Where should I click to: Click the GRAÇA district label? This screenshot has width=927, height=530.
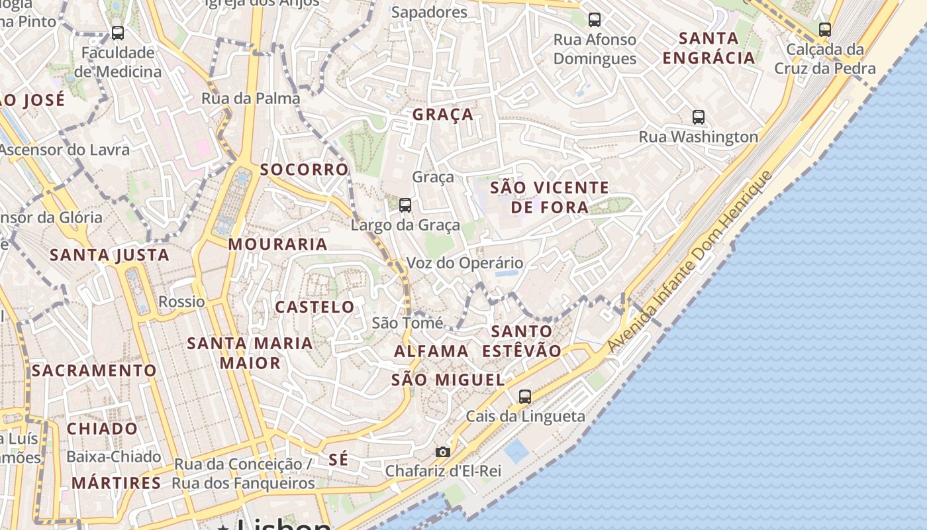(x=443, y=115)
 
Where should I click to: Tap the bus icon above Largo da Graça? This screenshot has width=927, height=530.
(x=405, y=205)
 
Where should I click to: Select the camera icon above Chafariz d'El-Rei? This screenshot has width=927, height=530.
(x=443, y=452)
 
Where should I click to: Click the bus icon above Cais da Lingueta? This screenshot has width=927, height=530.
(x=525, y=397)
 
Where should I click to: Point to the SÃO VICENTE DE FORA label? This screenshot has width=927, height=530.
(x=549, y=197)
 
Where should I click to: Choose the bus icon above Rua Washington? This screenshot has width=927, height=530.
(x=698, y=117)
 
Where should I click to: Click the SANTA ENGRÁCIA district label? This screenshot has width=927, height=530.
(x=708, y=48)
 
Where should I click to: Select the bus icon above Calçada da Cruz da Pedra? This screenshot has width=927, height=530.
(x=824, y=29)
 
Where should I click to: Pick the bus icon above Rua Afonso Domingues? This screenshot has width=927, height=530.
(x=595, y=20)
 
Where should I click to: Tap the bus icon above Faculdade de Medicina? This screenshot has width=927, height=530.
(x=118, y=32)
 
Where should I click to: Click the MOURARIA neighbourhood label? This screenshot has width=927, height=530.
(x=278, y=244)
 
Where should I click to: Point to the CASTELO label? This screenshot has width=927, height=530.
(x=315, y=307)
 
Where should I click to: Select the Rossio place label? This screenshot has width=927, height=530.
(x=181, y=302)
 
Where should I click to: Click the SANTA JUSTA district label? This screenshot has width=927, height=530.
(x=110, y=255)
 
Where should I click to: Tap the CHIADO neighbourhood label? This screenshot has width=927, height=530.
(x=102, y=429)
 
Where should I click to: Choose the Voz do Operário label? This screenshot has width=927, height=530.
(x=464, y=263)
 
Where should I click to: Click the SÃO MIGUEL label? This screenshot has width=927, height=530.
(x=448, y=380)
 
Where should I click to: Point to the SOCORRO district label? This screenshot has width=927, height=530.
(x=304, y=170)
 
